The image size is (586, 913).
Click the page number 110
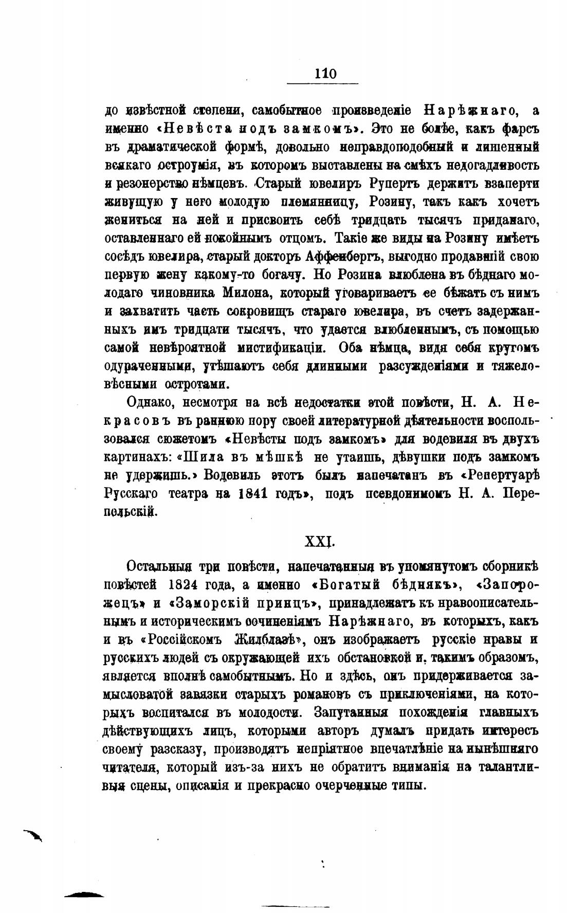coord(325,74)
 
